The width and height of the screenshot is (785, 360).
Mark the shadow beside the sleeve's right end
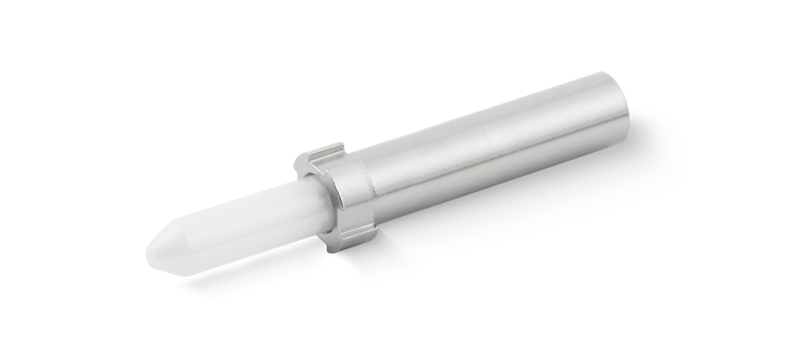[646, 138]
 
